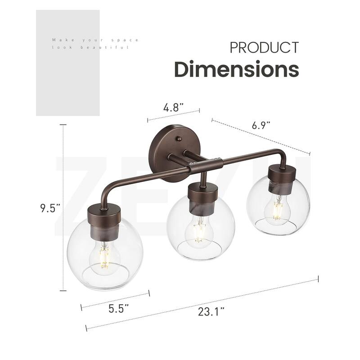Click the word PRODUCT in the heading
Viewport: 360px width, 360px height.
264,48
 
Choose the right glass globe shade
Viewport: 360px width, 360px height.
278,205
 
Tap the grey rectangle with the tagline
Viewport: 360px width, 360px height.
67,63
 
